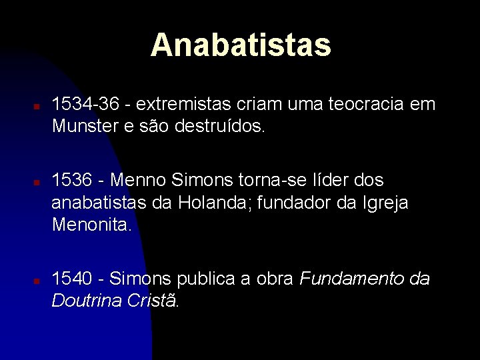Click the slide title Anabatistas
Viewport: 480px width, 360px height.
tap(241, 45)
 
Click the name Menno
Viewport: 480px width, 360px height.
tap(137, 180)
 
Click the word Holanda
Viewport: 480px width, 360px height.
tap(216, 202)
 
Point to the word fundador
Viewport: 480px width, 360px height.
tap(301, 202)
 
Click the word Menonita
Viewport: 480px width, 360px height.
tap(92, 224)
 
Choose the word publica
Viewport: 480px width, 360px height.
tap(204, 279)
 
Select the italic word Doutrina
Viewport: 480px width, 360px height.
tap(83, 300)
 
